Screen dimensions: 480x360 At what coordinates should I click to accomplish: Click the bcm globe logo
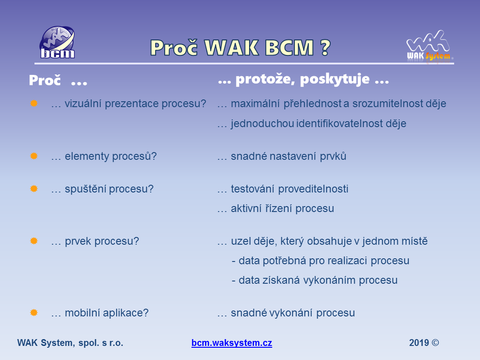57,42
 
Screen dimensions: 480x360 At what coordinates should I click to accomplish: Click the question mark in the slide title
326,48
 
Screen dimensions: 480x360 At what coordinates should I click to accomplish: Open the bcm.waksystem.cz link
232,343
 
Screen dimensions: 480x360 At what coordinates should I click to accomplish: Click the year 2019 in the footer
419,343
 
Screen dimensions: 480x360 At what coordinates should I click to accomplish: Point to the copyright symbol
435,343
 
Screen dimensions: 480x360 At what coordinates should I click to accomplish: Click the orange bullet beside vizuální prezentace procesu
34,104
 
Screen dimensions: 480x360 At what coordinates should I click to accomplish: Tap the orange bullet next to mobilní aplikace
34,313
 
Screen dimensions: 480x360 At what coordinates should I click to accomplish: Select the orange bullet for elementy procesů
34,156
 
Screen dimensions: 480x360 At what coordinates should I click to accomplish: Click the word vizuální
83,104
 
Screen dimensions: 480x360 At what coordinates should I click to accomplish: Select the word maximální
255,104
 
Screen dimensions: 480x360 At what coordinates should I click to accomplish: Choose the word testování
252,189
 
